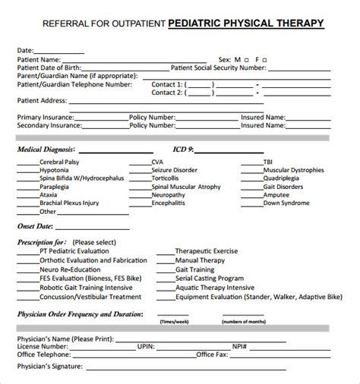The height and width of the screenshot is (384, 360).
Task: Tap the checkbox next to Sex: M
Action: click(x=248, y=58)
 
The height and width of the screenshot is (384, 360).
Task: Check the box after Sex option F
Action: click(x=264, y=58)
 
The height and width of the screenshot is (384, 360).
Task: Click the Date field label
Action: click(x=25, y=50)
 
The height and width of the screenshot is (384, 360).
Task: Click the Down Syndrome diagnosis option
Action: click(x=287, y=203)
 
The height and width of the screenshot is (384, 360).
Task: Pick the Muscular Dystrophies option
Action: click(x=296, y=170)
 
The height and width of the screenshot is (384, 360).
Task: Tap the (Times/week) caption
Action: click(x=176, y=301)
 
